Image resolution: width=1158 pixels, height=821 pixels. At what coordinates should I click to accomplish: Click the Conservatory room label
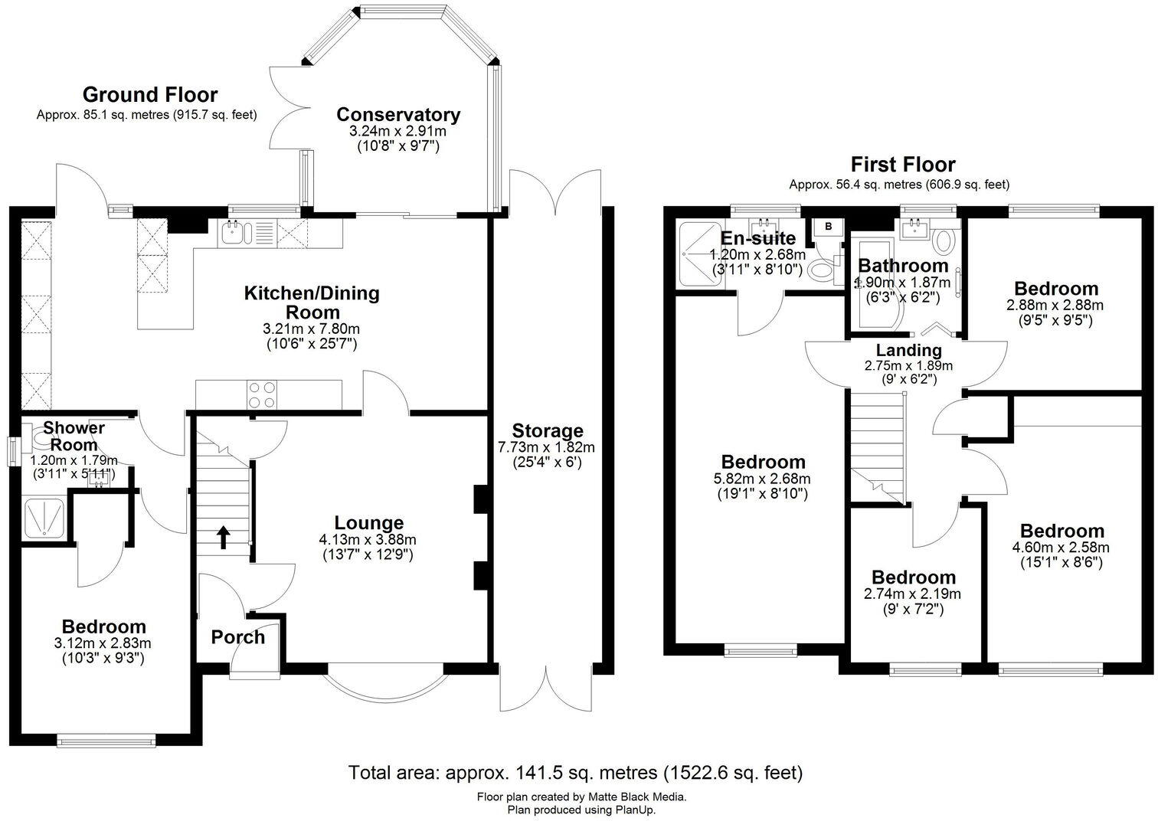(398, 115)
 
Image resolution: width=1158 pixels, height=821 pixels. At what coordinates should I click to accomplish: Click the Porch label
(237, 637)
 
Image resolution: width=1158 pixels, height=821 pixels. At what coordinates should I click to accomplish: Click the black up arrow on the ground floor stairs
(223, 538)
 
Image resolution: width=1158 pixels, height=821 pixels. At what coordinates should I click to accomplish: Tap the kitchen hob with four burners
(261, 395)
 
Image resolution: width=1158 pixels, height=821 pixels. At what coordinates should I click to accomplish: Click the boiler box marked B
(828, 227)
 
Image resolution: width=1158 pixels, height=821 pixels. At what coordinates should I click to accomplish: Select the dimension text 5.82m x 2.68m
(764, 479)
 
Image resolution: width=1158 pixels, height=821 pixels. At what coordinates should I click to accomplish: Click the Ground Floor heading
(150, 95)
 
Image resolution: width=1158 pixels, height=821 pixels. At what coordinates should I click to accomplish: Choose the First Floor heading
(903, 165)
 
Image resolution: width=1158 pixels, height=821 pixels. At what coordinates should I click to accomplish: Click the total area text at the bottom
(576, 772)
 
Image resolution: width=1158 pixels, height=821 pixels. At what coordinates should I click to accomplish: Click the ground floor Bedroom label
(103, 626)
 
